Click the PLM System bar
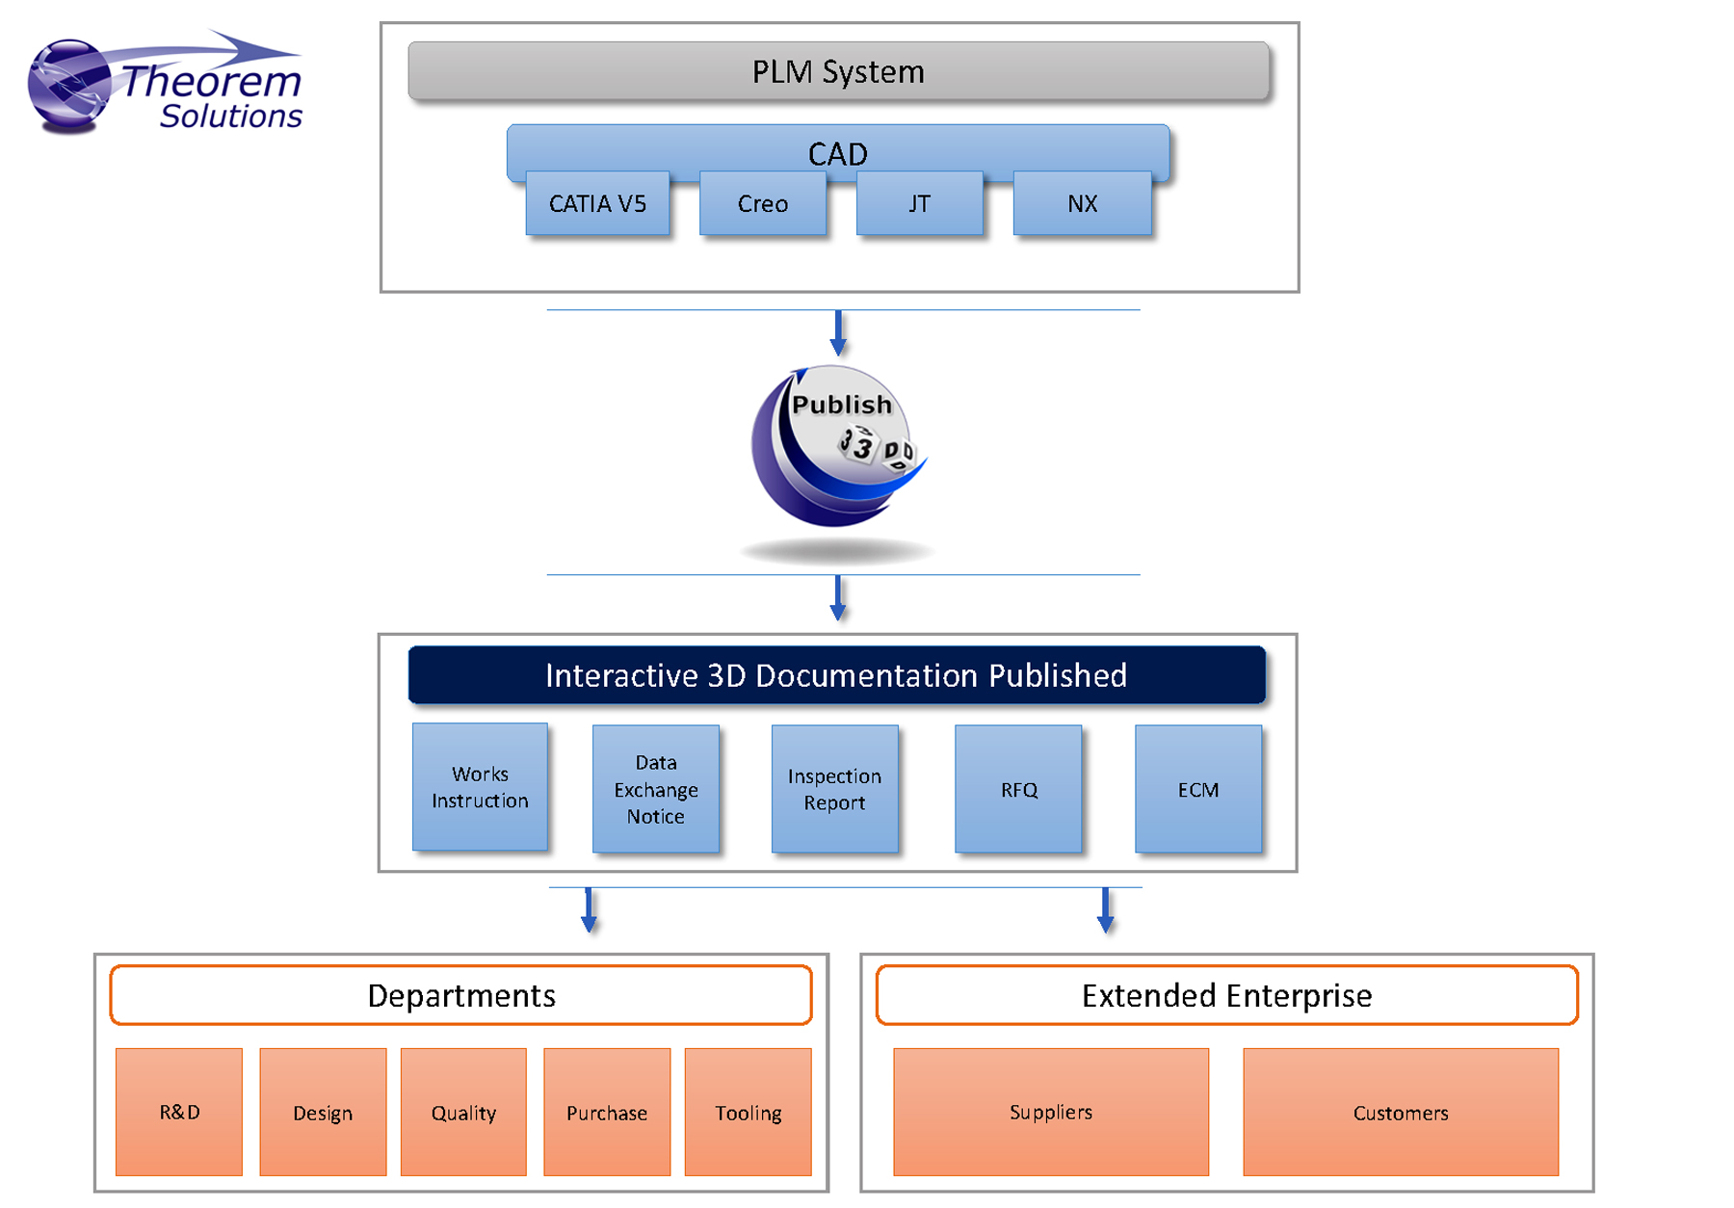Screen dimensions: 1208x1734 (x=838, y=71)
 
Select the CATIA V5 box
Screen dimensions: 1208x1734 (x=597, y=203)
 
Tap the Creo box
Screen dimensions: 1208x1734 (x=762, y=203)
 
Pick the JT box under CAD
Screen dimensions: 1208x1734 (x=919, y=203)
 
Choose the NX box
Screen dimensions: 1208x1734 (x=1082, y=203)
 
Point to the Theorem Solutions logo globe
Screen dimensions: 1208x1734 (x=67, y=85)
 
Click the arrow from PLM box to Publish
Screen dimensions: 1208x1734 (x=838, y=333)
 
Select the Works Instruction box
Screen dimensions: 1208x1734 (x=480, y=787)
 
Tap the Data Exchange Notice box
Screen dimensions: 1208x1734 (x=655, y=789)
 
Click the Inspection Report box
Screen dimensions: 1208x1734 (x=834, y=789)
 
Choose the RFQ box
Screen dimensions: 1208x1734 (x=1018, y=789)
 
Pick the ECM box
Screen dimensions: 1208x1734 (x=1197, y=789)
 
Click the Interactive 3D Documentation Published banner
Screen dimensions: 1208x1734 (x=836, y=675)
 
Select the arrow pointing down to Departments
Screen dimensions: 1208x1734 (x=589, y=910)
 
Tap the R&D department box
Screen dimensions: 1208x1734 (x=179, y=1112)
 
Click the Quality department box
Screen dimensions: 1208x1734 (x=463, y=1112)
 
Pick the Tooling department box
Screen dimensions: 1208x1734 (x=748, y=1112)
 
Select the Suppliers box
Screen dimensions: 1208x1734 (x=1050, y=1112)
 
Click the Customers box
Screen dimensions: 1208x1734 (x=1400, y=1112)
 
